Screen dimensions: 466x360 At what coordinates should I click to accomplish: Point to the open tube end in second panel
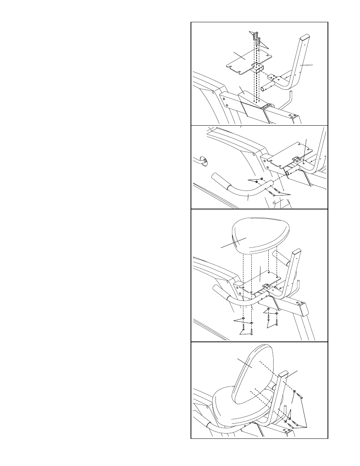288,172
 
